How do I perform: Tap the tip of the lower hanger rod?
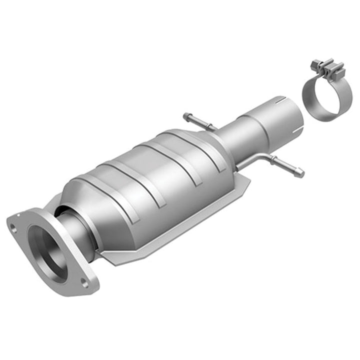(x=300, y=173)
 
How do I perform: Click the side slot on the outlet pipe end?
(x=297, y=131)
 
